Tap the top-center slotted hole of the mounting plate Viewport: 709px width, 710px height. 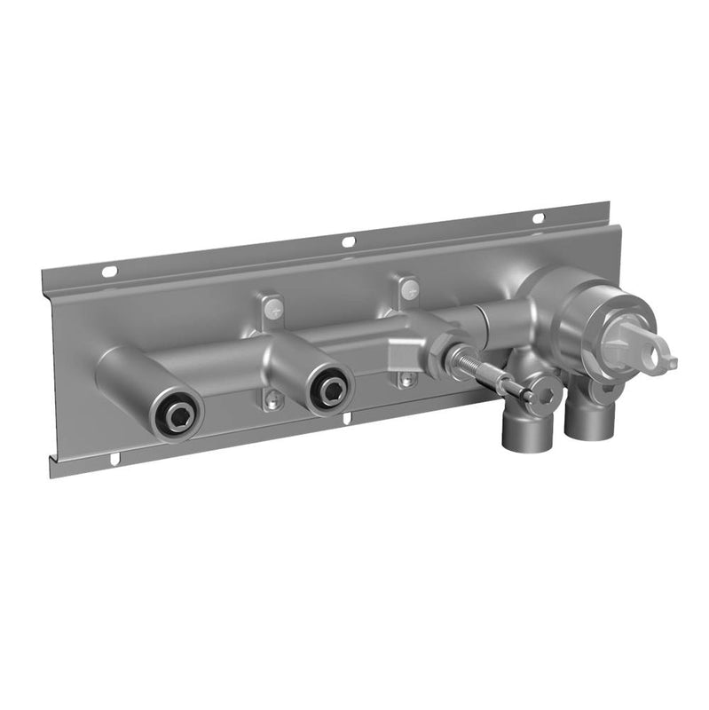pyautogui.click(x=348, y=241)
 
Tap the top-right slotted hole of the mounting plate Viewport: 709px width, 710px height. pyautogui.click(x=538, y=218)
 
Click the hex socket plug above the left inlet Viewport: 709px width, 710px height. pyautogui.click(x=543, y=389)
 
